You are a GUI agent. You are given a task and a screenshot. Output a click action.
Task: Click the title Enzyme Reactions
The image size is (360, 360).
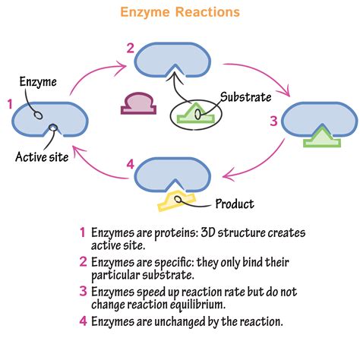pos(181,12)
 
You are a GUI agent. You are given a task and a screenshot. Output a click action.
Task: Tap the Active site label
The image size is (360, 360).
pos(43,157)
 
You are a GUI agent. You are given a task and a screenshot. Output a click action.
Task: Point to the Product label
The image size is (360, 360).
pos(234,204)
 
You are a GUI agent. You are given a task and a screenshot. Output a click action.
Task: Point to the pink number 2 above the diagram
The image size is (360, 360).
pos(131,49)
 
